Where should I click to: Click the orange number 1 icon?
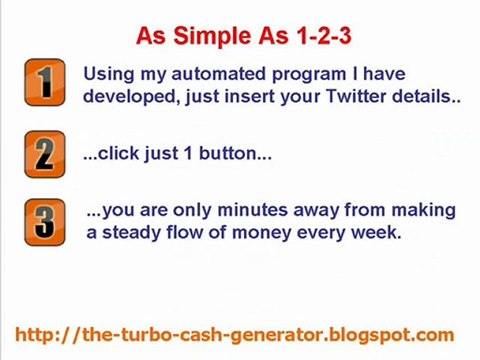44,84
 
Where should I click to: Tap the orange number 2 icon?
44,155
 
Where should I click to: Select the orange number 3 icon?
44,222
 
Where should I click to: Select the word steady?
131,233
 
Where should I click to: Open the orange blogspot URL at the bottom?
235,335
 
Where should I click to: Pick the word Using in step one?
106,75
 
